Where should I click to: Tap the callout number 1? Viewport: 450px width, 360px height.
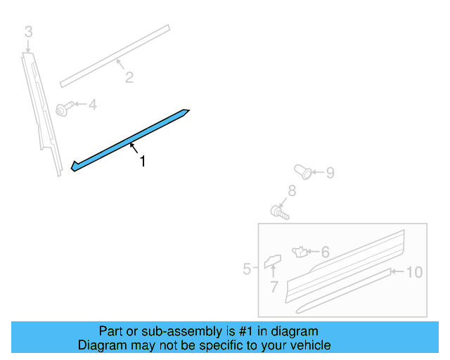[x=143, y=162]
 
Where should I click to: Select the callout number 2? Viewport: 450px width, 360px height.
[x=129, y=78]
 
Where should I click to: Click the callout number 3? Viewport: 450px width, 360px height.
[x=28, y=32]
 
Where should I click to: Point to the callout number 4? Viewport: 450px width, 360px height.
[x=91, y=105]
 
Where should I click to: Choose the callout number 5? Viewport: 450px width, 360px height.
[x=247, y=269]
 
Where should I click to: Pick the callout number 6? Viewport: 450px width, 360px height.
[x=325, y=252]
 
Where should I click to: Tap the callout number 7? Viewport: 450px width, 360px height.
[x=274, y=286]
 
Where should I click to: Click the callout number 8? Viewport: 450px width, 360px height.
[x=292, y=191]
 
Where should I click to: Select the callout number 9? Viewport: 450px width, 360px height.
[x=330, y=172]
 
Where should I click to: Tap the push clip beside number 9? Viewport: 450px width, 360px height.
[x=303, y=171]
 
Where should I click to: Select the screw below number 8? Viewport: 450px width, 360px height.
[x=280, y=210]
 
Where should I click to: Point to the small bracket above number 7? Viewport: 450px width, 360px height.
[x=271, y=262]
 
